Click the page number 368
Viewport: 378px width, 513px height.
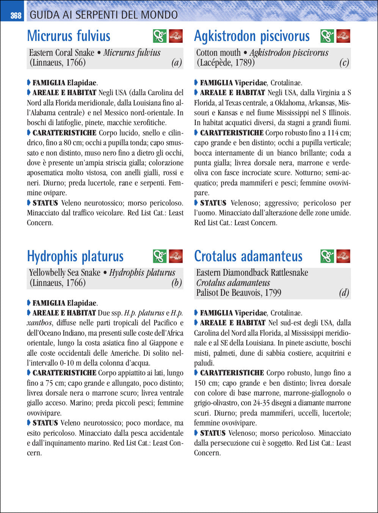[16, 16]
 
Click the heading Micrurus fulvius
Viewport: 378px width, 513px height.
[69, 36]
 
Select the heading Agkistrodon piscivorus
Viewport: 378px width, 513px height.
[252, 36]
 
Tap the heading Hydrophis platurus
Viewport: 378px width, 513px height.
[75, 256]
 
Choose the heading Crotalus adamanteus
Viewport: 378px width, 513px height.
[248, 256]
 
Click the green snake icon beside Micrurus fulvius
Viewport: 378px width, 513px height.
[160, 36]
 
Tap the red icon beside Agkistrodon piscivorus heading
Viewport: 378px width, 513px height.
[343, 36]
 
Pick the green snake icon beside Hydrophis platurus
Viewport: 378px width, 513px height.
[160, 256]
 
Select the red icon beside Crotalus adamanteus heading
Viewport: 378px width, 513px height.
[343, 256]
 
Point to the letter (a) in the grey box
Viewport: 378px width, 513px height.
[177, 63]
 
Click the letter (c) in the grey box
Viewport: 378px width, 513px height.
[344, 63]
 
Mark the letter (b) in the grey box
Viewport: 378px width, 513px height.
[177, 283]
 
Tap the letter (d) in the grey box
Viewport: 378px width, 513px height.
[344, 293]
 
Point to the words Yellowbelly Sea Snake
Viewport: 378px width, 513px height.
[65, 273]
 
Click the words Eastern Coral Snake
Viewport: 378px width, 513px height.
[61, 53]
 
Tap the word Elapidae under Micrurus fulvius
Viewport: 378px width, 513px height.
[82, 83]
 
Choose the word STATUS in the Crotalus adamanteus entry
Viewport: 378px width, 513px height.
[213, 433]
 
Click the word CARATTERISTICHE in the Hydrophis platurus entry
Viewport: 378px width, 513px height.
[64, 373]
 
